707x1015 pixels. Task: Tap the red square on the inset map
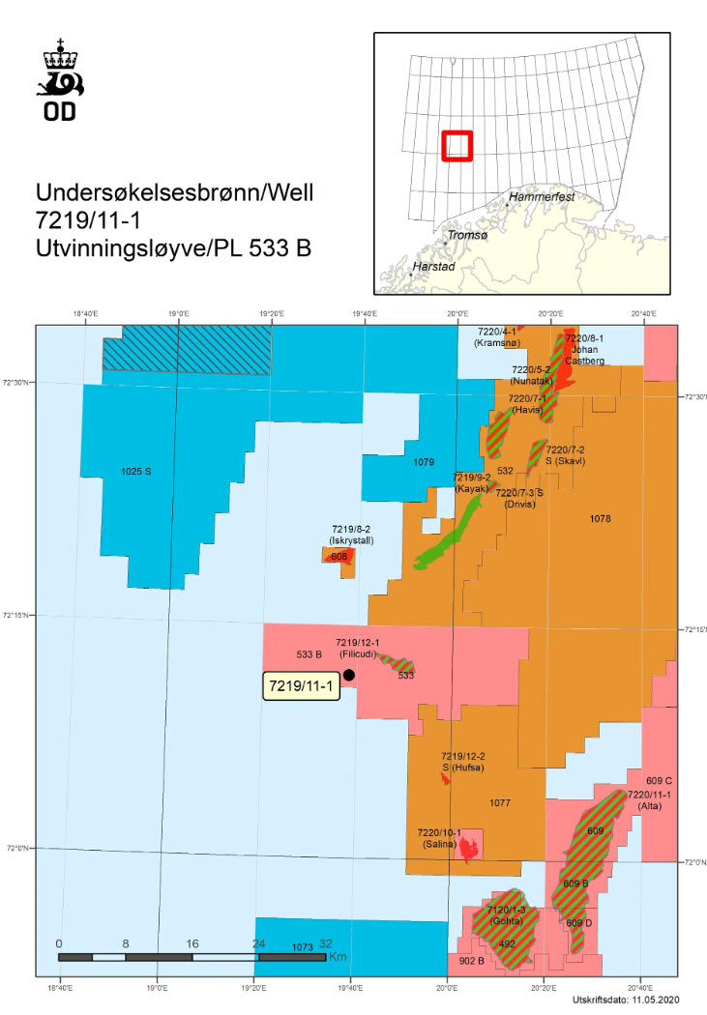click(457, 146)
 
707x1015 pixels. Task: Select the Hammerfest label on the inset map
click(543, 196)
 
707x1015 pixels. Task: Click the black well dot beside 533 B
click(348, 675)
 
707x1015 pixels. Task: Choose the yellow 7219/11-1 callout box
click(301, 686)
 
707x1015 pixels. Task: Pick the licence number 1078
click(600, 519)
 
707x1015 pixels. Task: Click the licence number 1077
click(499, 802)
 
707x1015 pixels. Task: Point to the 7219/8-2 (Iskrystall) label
click(352, 535)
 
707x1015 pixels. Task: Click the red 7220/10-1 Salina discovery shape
click(469, 849)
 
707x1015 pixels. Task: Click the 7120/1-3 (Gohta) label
click(506, 915)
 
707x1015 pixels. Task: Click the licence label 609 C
click(659, 779)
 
